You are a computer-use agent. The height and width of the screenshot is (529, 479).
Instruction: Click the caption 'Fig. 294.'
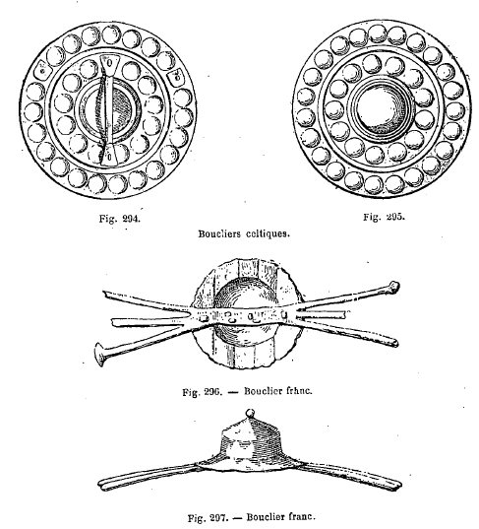tap(120, 219)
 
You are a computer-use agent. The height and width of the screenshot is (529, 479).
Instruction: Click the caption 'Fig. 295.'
tap(384, 217)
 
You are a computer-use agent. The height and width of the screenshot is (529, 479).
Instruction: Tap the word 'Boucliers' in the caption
tap(219, 233)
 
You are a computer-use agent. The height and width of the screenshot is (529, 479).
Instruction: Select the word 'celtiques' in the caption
tap(268, 233)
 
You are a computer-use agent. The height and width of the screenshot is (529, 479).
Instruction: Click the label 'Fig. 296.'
tap(202, 392)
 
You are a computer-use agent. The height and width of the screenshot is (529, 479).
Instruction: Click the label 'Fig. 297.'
tap(208, 517)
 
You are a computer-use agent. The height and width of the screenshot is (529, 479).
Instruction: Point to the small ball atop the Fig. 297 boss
tap(250, 413)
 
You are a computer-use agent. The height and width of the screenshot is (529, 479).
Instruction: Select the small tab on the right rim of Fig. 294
tap(176, 77)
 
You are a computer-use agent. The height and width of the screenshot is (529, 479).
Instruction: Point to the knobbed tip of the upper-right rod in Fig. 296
tap(393, 287)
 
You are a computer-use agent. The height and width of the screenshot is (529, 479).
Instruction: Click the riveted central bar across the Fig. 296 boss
tap(243, 315)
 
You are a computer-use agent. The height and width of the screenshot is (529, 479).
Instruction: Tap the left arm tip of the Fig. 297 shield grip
tap(100, 485)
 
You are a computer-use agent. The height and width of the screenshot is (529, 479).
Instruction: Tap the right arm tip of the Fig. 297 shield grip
tap(398, 485)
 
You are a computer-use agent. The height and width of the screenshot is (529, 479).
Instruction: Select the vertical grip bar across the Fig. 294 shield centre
tap(108, 110)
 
